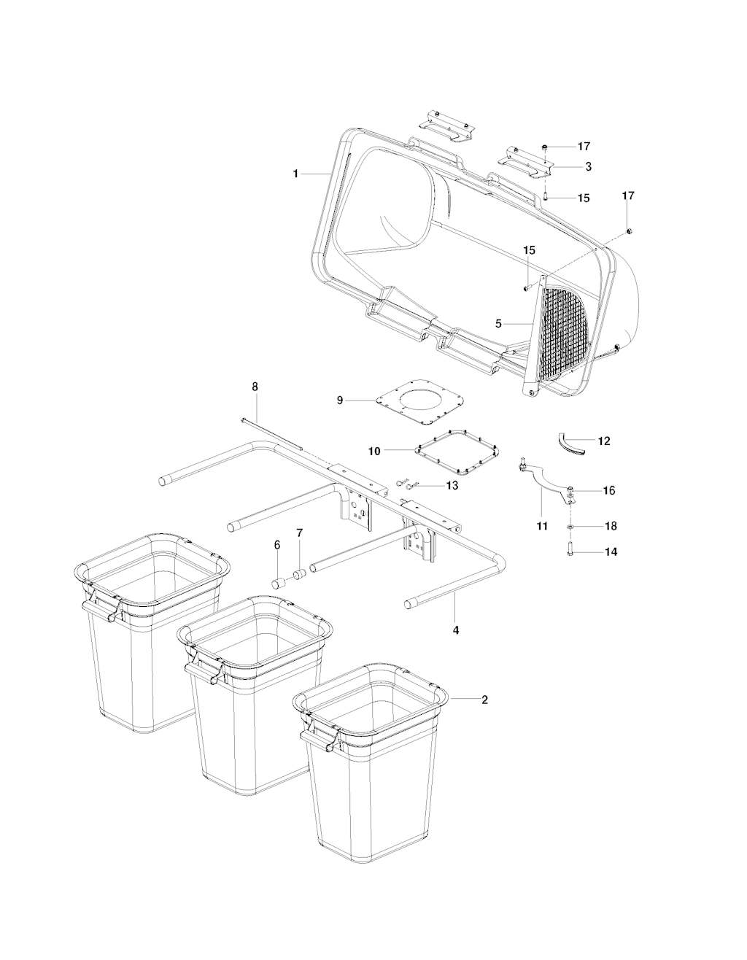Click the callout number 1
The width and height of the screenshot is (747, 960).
pyautogui.click(x=295, y=174)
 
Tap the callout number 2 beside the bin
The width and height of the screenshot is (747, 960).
pyautogui.click(x=484, y=700)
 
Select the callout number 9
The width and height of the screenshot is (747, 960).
pyautogui.click(x=340, y=400)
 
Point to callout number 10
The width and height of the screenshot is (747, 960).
pyautogui.click(x=374, y=451)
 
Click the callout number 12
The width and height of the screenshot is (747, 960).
pyautogui.click(x=603, y=441)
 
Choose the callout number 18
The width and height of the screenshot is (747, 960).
pyautogui.click(x=611, y=526)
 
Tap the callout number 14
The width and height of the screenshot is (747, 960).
pyautogui.click(x=611, y=551)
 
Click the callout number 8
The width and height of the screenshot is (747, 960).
pyautogui.click(x=255, y=387)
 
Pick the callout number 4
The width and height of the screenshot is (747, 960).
pyautogui.click(x=456, y=630)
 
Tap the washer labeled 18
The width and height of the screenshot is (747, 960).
pyautogui.click(x=570, y=527)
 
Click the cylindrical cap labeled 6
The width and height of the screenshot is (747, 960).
pyautogui.click(x=279, y=583)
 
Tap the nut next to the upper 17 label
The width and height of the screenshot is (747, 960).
pyautogui.click(x=546, y=147)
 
